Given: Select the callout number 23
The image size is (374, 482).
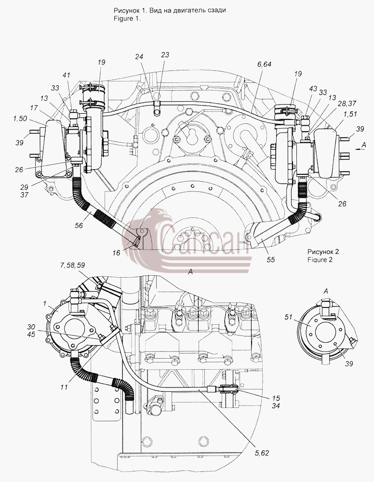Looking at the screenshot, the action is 165,55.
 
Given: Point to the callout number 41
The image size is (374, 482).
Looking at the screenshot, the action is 67,75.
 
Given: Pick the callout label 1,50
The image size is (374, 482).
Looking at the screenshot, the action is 20,119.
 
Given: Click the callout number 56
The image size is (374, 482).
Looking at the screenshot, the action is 79,225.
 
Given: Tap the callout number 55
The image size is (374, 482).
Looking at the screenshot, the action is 271,260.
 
